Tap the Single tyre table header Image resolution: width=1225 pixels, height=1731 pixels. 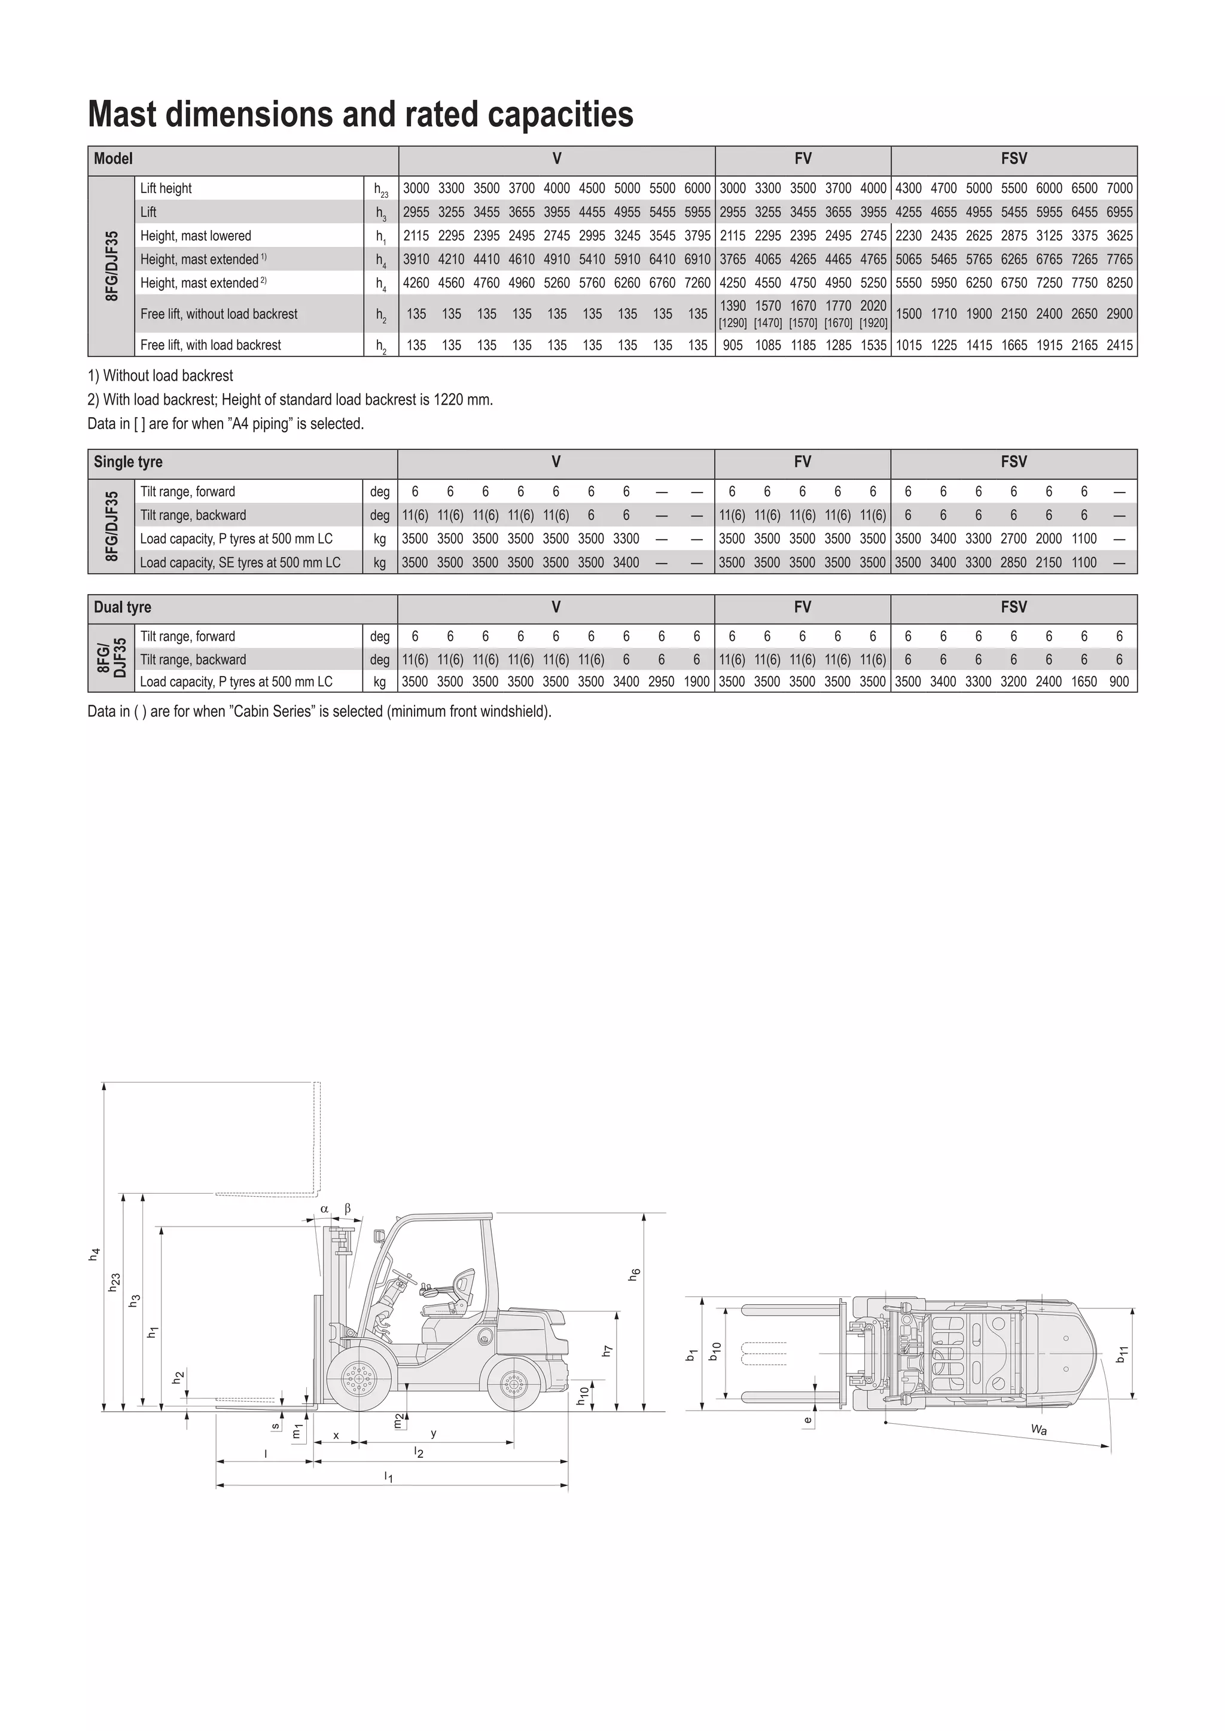(127, 462)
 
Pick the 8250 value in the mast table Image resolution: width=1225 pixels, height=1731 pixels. (1119, 283)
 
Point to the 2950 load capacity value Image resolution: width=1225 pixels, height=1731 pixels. (662, 681)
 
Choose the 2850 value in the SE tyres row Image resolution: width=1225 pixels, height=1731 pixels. (1014, 562)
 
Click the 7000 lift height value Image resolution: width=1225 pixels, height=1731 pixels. (1119, 188)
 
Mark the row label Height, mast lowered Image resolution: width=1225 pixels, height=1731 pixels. (196, 236)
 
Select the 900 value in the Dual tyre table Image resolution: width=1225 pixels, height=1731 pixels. (1119, 681)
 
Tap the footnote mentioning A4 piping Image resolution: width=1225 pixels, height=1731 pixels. (226, 424)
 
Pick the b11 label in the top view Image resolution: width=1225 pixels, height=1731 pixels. (1122, 1353)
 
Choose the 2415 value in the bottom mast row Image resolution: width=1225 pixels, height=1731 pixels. (1119, 345)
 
